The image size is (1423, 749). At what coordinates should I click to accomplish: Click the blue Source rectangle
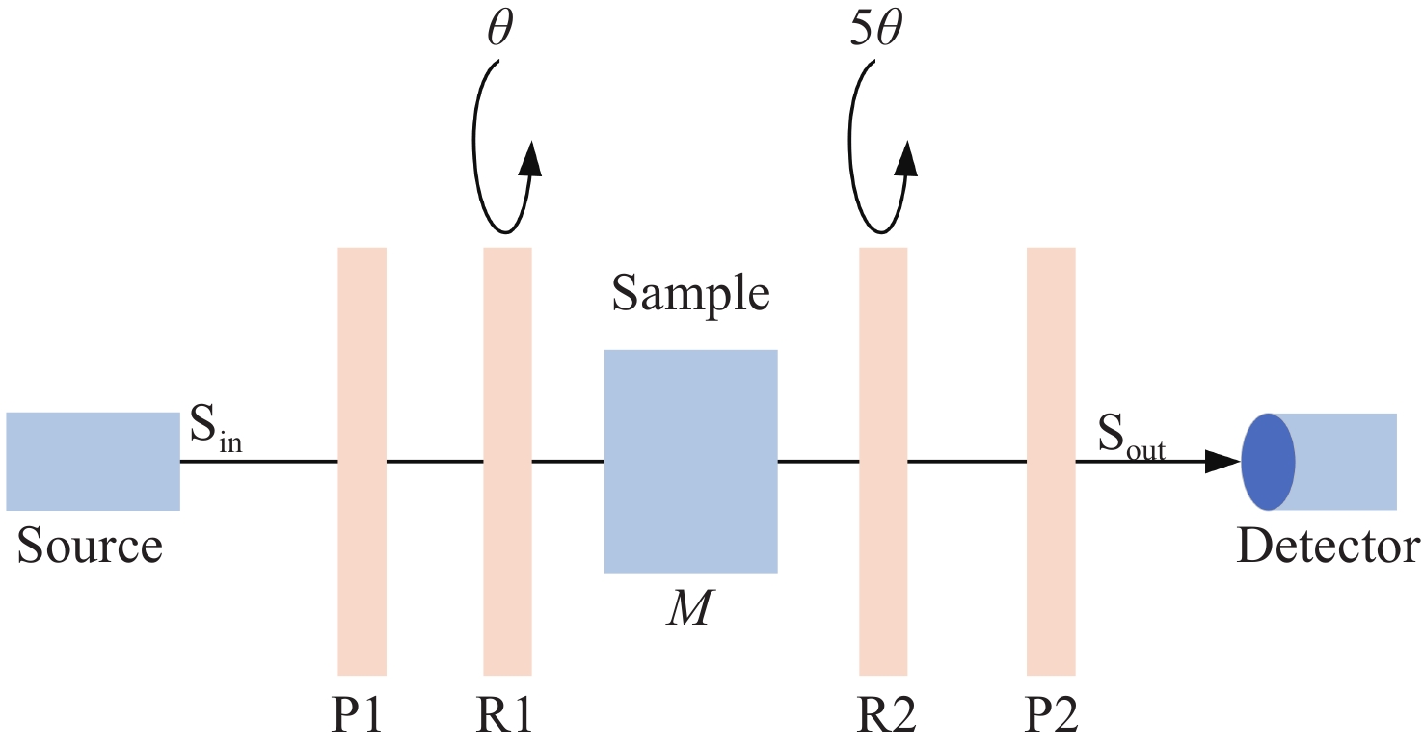coord(93,462)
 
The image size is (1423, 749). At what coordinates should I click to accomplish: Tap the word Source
coord(91,547)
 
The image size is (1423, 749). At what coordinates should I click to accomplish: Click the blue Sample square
coord(690,461)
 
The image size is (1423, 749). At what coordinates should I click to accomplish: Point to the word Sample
coord(691,293)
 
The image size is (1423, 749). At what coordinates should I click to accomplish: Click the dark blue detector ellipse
coord(1268,462)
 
